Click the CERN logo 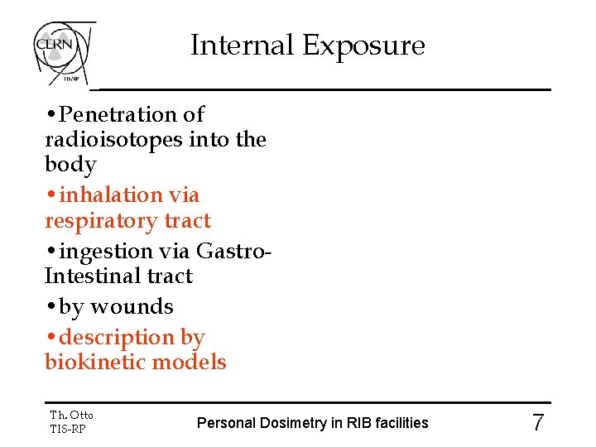pos(63,50)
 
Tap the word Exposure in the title pos(363,46)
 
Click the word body pos(70,165)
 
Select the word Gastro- pos(235,251)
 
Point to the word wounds pos(132,307)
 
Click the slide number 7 pos(538,423)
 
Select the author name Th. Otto pos(71,415)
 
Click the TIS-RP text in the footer pos(68,429)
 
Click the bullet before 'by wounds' pos(51,307)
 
